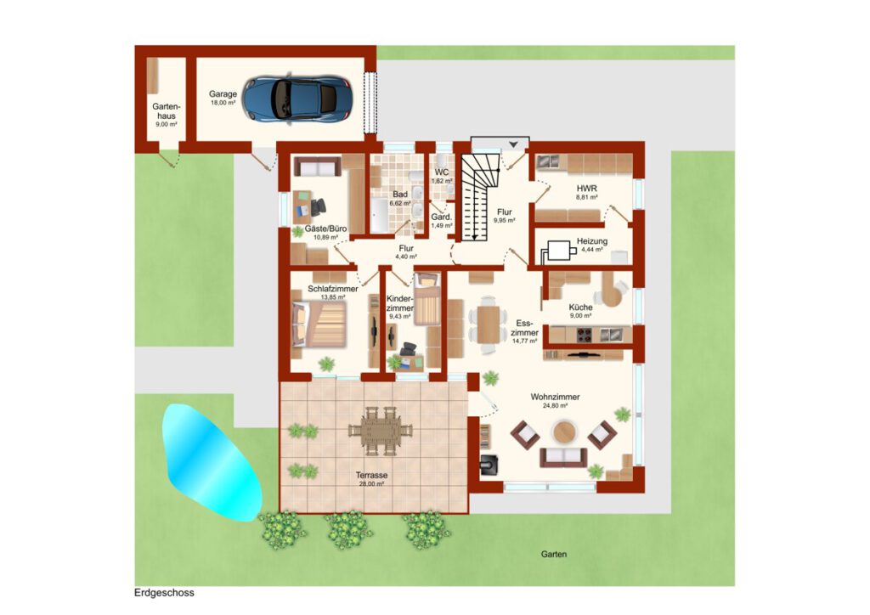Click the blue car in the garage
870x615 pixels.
point(298,99)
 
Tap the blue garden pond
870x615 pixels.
point(211,462)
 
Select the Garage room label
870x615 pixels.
point(223,94)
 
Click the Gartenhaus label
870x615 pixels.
point(167,111)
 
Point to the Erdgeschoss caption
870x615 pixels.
point(164,592)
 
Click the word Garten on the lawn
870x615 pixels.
point(554,554)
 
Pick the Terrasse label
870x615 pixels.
point(372,475)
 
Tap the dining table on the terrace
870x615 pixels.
point(381,431)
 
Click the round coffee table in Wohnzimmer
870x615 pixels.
point(564,432)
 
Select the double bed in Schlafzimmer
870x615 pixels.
point(319,324)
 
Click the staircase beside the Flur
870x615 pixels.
point(479,197)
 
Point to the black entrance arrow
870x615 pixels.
point(514,144)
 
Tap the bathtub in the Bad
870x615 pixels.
point(380,215)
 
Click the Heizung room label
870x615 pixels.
point(592,241)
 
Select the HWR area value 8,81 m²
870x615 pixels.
point(586,197)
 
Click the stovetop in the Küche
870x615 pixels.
point(585,335)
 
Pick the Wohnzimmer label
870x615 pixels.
point(556,397)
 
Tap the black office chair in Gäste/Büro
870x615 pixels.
point(318,207)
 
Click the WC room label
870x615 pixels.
point(442,172)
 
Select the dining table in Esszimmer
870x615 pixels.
point(489,324)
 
